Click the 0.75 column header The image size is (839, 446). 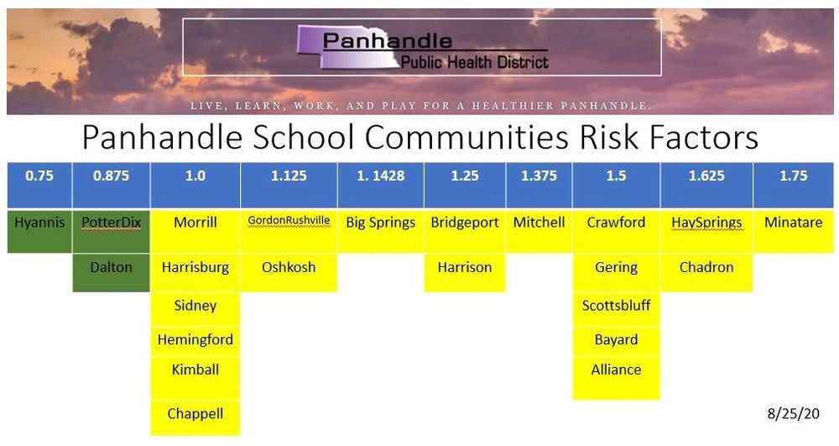coord(39,177)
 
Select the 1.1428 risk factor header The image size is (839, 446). coord(380,177)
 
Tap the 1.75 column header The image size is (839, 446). coord(793,177)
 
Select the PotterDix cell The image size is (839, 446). coord(112,223)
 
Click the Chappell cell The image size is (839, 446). coord(195,414)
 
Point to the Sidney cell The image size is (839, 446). coord(195,306)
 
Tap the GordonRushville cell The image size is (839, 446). coord(289,222)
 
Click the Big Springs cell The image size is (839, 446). coord(380,223)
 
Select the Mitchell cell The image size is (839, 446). coord(539,223)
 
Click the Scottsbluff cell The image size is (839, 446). coord(616,306)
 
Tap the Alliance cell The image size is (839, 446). coord(616,370)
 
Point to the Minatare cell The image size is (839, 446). coord(793,223)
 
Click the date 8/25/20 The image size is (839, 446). coord(793,414)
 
